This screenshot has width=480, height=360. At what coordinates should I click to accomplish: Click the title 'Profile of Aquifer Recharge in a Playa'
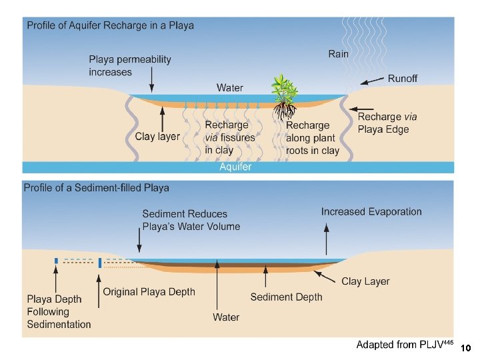(x=110, y=26)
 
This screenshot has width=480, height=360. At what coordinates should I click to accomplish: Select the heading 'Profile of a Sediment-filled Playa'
(x=96, y=187)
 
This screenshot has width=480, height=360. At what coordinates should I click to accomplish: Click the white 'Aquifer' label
(x=235, y=167)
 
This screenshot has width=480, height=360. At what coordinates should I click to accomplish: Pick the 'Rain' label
(x=338, y=53)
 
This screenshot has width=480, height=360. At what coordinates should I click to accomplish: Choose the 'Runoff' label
(x=403, y=79)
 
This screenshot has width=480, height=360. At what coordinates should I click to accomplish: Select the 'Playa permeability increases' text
(x=130, y=65)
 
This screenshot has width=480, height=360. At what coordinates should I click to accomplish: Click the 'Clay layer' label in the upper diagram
(x=157, y=137)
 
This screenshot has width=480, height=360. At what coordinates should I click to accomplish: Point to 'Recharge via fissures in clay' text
(x=230, y=137)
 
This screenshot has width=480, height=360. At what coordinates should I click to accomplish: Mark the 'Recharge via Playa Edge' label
(x=389, y=123)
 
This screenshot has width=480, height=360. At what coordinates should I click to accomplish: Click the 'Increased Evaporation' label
(x=371, y=212)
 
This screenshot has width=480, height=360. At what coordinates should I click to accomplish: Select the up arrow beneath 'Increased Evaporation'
(x=327, y=240)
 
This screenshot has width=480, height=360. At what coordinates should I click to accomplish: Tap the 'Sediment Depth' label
(x=286, y=297)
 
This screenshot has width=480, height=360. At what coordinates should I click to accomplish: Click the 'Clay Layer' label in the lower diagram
(x=365, y=281)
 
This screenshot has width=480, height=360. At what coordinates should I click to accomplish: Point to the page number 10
(x=466, y=348)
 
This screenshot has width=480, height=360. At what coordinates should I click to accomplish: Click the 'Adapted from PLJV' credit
(x=405, y=345)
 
